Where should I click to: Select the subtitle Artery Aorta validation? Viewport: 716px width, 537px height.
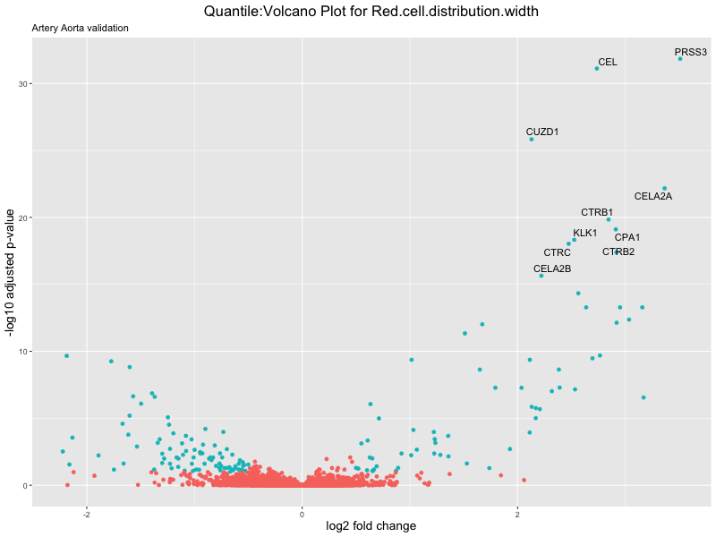pyautogui.click(x=81, y=29)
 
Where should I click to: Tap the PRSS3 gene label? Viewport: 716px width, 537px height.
pyautogui.click(x=690, y=53)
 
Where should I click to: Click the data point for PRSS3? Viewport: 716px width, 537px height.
pyautogui.click(x=680, y=59)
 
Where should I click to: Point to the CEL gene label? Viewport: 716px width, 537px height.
pyautogui.click(x=608, y=63)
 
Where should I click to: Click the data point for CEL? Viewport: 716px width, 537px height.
pyautogui.click(x=597, y=69)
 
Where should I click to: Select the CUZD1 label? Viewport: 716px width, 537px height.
pyautogui.click(x=542, y=132)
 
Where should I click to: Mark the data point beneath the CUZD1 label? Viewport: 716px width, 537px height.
pyautogui.click(x=532, y=140)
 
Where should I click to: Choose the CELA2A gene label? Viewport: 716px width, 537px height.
pyautogui.click(x=652, y=196)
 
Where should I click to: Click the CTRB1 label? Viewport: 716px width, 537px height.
pyautogui.click(x=597, y=212)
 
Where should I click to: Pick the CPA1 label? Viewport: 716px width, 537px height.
pyautogui.click(x=627, y=237)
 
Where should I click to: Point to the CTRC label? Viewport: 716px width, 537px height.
pyautogui.click(x=557, y=252)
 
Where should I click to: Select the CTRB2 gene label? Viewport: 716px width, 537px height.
pyautogui.click(x=618, y=251)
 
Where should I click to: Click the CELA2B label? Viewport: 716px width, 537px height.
pyautogui.click(x=552, y=268)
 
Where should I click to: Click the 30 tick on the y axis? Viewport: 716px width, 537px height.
pyautogui.click(x=21, y=84)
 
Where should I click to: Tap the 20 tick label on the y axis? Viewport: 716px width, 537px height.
pyautogui.click(x=21, y=218)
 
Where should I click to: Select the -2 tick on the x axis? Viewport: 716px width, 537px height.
pyautogui.click(x=86, y=514)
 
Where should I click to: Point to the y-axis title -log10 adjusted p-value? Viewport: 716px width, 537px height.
pyautogui.click(x=12, y=273)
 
